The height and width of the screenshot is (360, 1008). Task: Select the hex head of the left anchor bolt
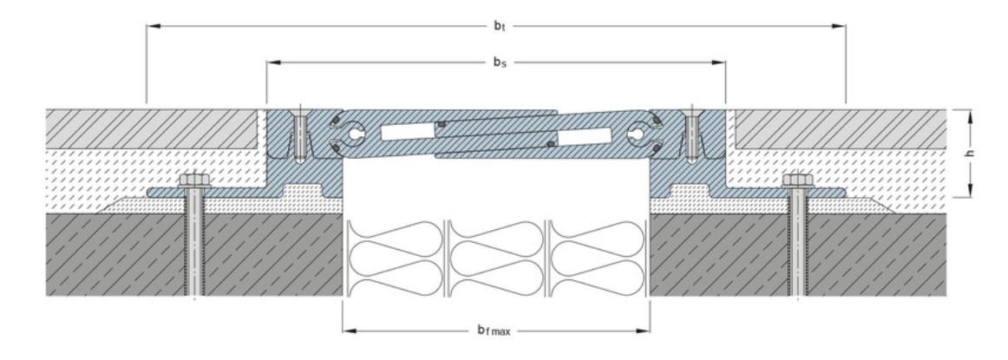click(x=193, y=180)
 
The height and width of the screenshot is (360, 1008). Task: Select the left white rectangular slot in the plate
click(x=407, y=132)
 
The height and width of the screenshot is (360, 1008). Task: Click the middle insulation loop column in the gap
click(x=496, y=259)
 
